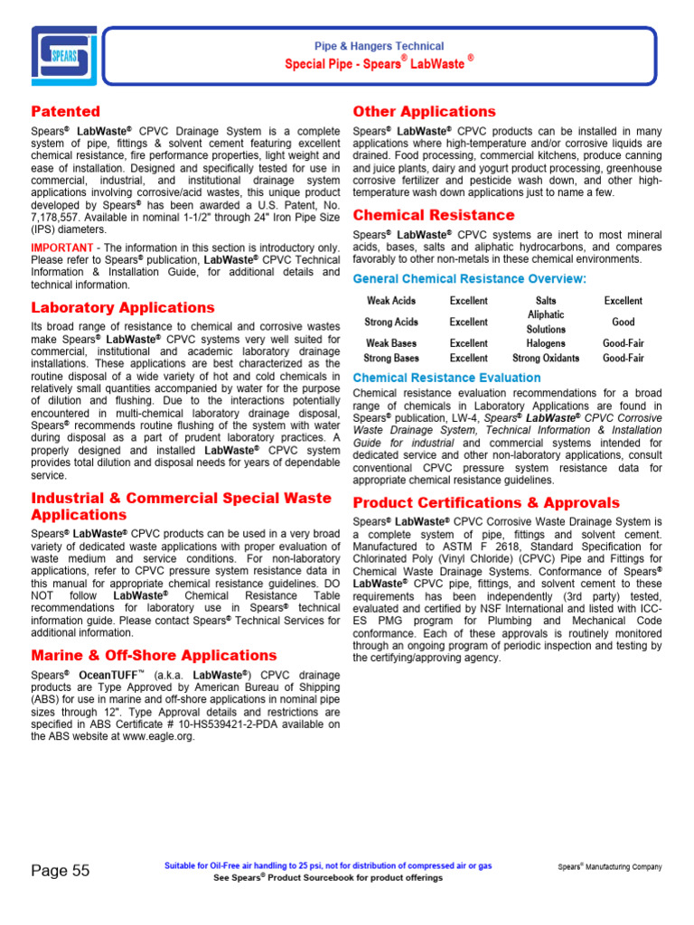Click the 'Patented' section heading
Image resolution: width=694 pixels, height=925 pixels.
66,112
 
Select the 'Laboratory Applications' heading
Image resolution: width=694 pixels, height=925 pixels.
123,308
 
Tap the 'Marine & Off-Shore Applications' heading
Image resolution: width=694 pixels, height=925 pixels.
154,655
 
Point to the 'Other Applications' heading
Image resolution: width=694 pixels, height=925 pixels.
424,112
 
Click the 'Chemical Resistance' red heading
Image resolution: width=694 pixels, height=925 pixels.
434,215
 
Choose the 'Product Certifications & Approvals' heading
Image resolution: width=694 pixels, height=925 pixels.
486,502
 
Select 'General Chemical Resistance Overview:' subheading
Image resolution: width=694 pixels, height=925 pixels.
469,279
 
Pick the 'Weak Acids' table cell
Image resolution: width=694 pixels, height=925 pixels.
391,301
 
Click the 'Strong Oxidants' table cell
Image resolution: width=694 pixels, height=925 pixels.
546,358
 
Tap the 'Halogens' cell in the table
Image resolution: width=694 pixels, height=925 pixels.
546,343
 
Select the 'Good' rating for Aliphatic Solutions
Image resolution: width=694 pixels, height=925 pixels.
623,322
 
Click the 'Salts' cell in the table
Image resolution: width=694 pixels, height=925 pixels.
546,301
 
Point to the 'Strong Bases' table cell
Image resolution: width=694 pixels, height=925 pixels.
391,358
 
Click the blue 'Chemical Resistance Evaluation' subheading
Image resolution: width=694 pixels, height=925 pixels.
446,378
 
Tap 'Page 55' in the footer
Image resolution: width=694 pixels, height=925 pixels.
61,871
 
